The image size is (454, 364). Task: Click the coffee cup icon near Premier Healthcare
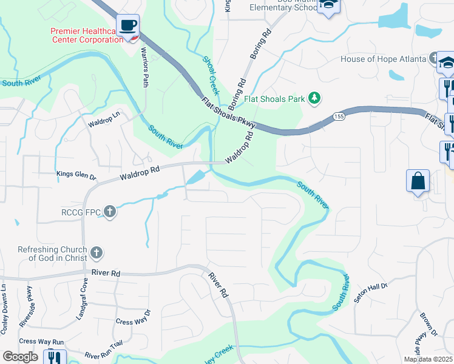(x=127, y=25)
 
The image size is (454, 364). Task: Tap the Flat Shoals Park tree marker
(x=314, y=98)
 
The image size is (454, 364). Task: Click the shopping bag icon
(x=418, y=181)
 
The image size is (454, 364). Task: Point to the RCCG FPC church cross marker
(x=109, y=212)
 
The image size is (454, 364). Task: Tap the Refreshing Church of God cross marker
(x=96, y=252)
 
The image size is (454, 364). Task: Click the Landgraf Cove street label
(x=81, y=299)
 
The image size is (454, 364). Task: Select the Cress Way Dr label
(x=132, y=321)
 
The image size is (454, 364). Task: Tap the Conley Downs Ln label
(x=4, y=303)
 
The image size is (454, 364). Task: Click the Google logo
(x=21, y=357)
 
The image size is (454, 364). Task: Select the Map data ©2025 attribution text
(x=428, y=359)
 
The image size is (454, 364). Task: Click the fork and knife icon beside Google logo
(x=56, y=358)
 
